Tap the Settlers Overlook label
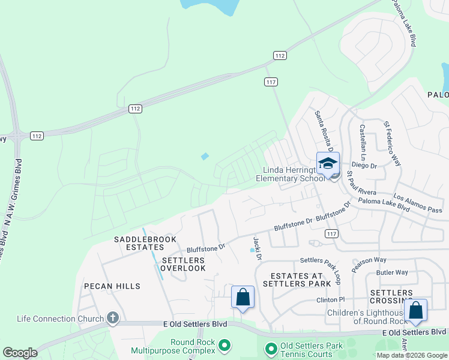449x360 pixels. [184, 264]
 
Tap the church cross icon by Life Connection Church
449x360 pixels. [112, 318]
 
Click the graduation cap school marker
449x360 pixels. [328, 163]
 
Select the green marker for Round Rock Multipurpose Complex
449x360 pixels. [225, 346]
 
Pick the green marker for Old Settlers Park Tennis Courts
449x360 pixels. [271, 348]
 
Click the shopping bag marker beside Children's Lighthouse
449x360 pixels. [415, 310]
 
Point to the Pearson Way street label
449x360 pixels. [369, 264]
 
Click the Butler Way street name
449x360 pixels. [392, 272]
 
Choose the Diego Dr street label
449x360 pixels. [364, 165]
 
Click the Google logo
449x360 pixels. [20, 353]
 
